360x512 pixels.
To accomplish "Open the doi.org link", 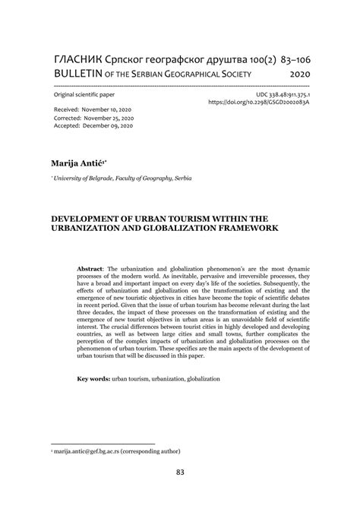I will point(260,102).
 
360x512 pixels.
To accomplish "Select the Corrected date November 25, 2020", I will point(114,119).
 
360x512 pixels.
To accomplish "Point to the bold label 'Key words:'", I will point(93,378).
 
